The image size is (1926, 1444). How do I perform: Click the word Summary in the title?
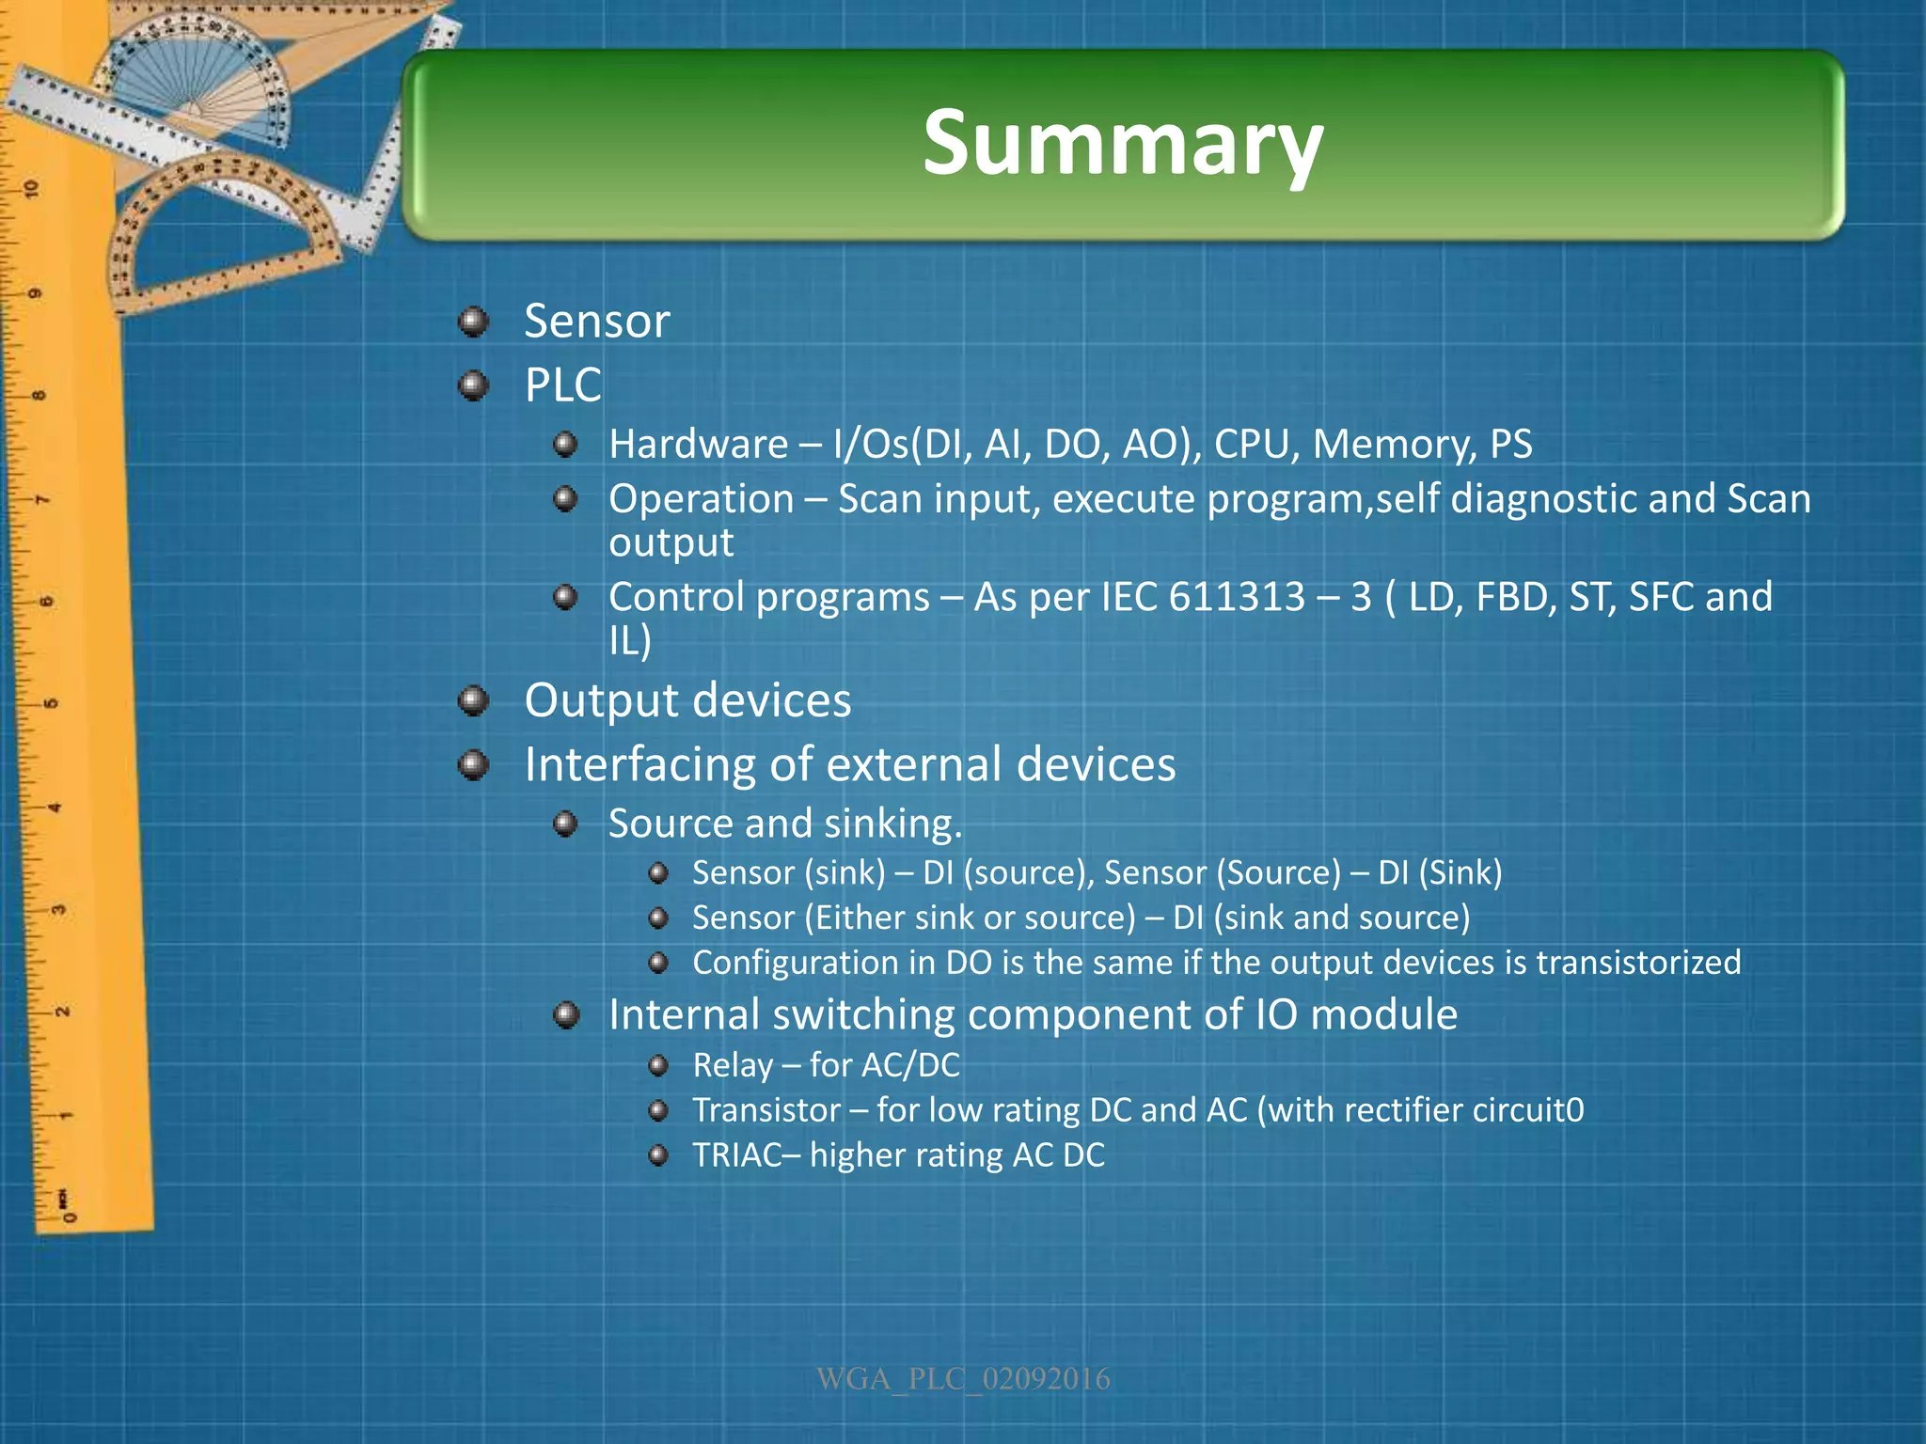click(1123, 143)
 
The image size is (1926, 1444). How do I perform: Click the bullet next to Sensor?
click(473, 322)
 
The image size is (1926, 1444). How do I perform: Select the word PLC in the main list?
click(562, 385)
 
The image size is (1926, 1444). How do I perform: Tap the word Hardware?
click(698, 445)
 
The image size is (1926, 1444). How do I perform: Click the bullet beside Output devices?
click(473, 701)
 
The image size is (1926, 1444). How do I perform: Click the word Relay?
click(732, 1066)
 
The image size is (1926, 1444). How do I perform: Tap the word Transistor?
click(766, 1111)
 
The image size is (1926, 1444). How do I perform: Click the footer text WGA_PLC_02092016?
click(963, 1379)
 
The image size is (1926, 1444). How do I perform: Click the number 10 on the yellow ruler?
click(32, 188)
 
